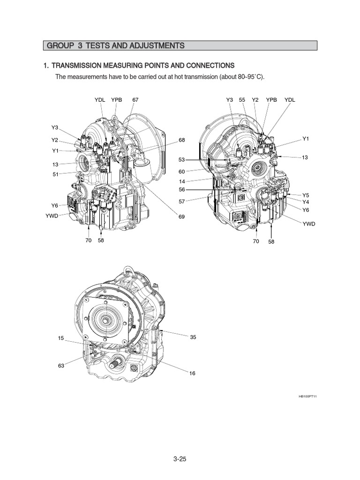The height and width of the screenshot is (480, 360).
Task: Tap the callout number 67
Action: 135,100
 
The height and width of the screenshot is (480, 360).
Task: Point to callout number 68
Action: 182,140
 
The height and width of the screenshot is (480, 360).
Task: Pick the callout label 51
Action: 55,174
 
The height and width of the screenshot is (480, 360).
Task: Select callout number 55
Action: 242,100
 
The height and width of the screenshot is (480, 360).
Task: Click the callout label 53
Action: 182,160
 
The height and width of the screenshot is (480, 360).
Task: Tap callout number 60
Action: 182,171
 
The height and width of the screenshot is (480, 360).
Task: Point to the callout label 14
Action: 182,181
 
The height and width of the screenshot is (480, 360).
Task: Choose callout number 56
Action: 182,190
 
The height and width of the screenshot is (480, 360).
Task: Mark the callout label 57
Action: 182,201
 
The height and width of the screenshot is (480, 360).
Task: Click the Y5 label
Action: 306,195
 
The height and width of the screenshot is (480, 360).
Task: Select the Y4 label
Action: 306,202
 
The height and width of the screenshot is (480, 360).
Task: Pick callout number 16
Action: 193,373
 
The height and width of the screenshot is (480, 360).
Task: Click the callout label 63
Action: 61,366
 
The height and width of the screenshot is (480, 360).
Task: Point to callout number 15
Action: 61,338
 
